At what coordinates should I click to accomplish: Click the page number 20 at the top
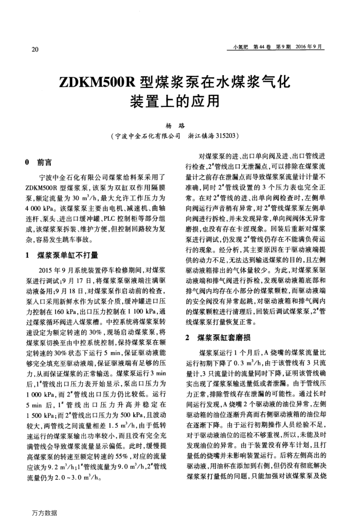point(35,50)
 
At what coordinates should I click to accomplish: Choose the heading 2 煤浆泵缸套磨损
point(222,323)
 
